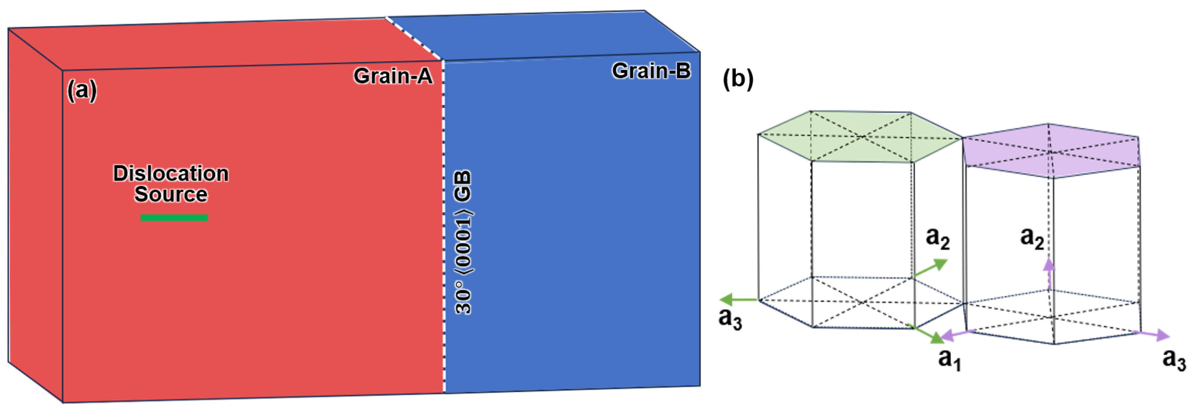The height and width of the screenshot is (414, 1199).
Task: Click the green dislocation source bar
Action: (174, 218)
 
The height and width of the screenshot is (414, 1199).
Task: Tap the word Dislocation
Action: (171, 174)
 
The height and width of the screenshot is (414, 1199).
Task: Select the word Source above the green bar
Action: (171, 194)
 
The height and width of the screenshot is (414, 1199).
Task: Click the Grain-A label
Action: (392, 76)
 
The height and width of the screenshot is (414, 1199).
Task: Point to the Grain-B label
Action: (651, 71)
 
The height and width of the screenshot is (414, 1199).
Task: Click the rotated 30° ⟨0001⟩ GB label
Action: (463, 242)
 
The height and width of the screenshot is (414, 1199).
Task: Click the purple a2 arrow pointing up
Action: (1049, 272)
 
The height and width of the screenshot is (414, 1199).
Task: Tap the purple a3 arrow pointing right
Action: (1153, 334)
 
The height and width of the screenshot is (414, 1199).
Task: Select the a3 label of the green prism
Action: (730, 319)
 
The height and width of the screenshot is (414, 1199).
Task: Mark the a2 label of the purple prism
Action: (1031, 238)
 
